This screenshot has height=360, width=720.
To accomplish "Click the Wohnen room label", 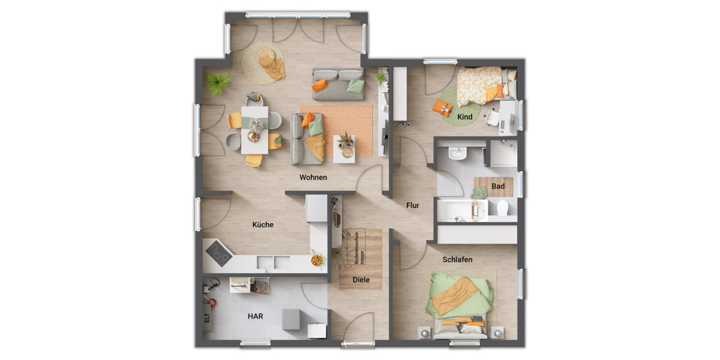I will (314, 177).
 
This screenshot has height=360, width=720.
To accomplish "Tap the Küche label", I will (263, 225).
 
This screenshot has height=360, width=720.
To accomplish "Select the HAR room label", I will (256, 316).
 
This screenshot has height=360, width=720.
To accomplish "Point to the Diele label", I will (361, 280).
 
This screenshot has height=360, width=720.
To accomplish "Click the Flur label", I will (413, 205).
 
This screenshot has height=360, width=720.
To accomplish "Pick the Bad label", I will (498, 186).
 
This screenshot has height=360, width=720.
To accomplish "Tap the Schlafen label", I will (457, 260).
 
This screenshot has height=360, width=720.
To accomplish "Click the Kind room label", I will (465, 116).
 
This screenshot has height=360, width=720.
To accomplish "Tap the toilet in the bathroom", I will (503, 208).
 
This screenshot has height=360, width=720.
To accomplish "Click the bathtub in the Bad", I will (462, 211).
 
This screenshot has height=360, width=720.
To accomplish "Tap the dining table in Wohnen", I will (255, 129).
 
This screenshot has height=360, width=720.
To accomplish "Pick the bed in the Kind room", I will (483, 84).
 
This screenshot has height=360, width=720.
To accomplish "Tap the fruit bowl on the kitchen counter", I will (316, 260).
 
